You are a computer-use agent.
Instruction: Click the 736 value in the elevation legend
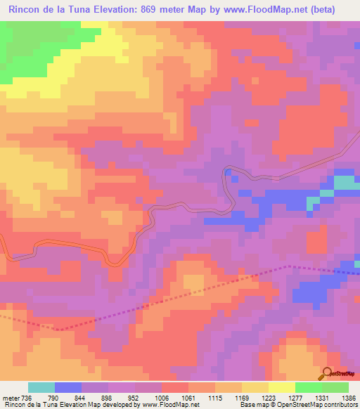click(x=26, y=397)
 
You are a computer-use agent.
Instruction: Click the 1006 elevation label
click(x=162, y=397)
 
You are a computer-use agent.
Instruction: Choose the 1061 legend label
click(x=189, y=397)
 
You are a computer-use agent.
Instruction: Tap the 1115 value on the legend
click(x=216, y=397)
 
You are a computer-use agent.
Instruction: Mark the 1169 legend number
click(x=243, y=397)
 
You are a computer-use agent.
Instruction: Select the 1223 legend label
click(x=269, y=397)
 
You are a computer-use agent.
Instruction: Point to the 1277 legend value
click(x=296, y=397)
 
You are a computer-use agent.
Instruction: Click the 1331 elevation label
click(x=323, y=397)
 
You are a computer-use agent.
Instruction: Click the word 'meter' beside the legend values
click(x=10, y=397)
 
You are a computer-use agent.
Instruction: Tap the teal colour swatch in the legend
click(x=41, y=387)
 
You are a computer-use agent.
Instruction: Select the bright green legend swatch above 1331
click(x=308, y=387)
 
